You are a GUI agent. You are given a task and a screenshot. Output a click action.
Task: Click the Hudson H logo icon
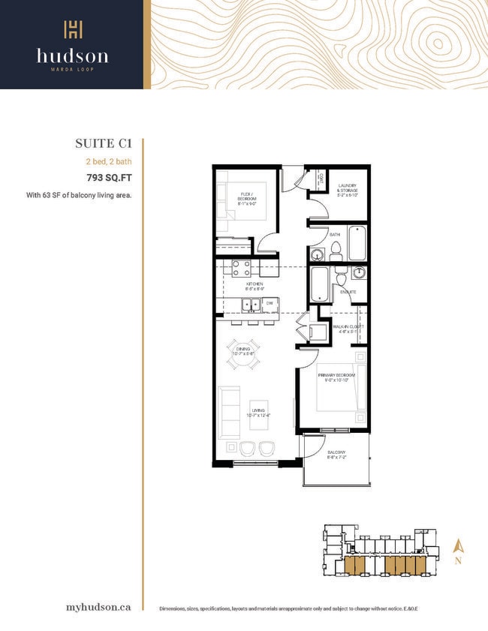point(72,30)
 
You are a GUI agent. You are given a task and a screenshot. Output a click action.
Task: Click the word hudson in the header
point(72,56)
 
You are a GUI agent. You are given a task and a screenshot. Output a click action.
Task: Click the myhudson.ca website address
point(98,606)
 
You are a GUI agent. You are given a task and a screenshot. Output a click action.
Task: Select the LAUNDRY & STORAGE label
point(347,188)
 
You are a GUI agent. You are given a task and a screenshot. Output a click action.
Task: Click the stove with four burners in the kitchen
point(241,268)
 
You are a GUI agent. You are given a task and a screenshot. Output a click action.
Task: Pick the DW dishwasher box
point(267,303)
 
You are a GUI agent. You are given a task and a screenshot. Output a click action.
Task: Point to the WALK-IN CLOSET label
point(348,329)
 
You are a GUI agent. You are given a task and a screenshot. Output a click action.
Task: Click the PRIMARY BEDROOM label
point(333,377)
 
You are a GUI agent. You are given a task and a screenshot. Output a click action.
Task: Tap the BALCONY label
point(335,454)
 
